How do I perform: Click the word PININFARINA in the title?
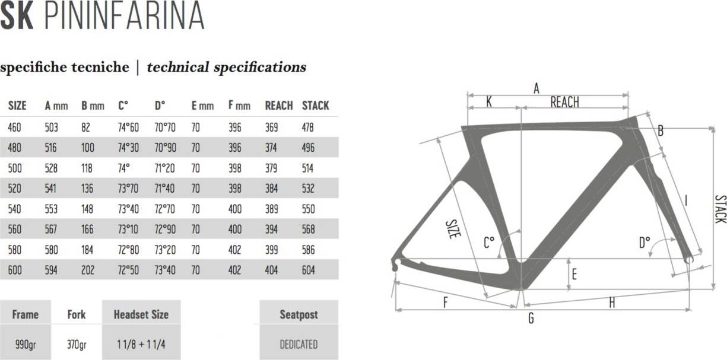[124, 17]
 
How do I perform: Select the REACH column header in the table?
[278, 106]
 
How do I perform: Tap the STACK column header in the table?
[315, 106]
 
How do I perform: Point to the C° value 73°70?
[128, 189]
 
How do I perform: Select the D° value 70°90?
[165, 148]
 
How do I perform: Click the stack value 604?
[308, 270]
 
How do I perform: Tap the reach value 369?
[271, 127]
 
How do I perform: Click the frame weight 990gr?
[24, 344]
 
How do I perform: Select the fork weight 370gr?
[77, 344]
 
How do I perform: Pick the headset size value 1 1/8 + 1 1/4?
[141, 344]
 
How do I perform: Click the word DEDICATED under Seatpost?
[299, 344]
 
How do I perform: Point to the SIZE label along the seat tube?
[453, 229]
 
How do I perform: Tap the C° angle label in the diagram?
[488, 243]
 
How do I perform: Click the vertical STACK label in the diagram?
[719, 209]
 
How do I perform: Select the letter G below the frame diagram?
[531, 319]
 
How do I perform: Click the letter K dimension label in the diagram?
[488, 102]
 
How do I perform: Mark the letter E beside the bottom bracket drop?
[573, 274]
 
